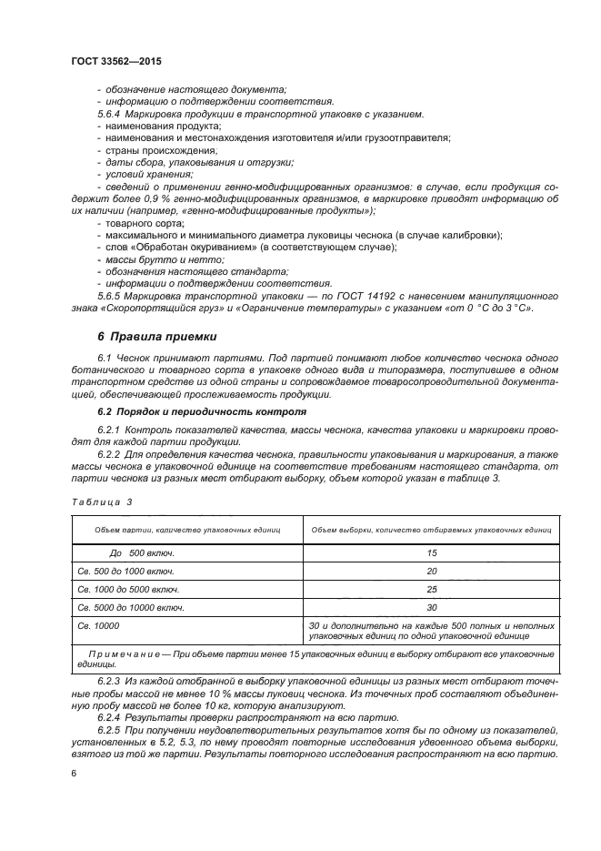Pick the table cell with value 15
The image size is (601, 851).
[x=431, y=552]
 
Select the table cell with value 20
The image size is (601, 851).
[x=431, y=571]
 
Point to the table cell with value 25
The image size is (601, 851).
[x=431, y=589]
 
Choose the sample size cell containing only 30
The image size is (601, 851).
[x=431, y=607]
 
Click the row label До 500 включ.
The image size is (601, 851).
[x=141, y=552]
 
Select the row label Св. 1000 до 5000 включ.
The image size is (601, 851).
[x=129, y=589]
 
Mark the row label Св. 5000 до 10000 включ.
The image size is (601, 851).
[x=132, y=607]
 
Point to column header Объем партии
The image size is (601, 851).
[x=182, y=529]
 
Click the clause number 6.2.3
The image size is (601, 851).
[x=108, y=680]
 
